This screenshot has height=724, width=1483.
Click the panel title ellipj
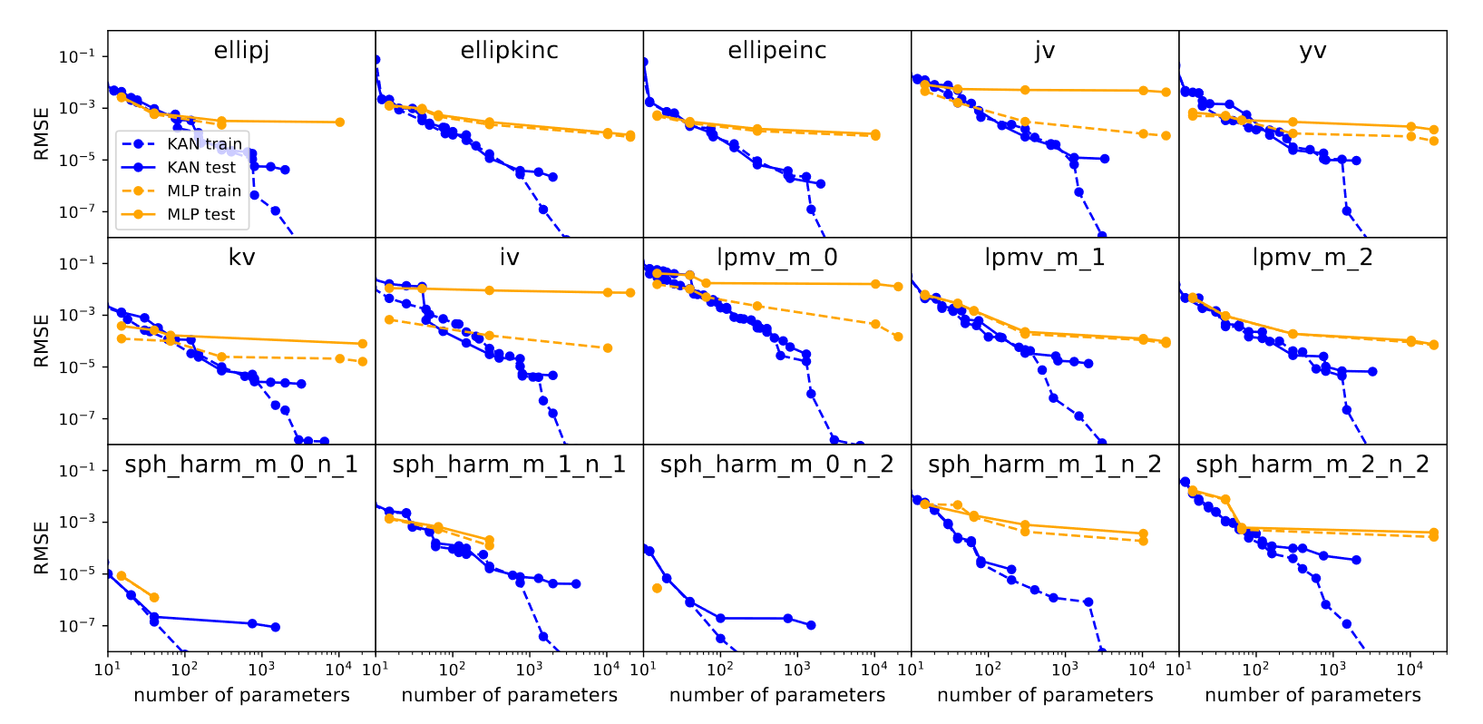click(x=241, y=51)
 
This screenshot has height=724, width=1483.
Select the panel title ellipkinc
click(x=509, y=51)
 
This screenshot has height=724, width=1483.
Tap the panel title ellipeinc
click(x=777, y=51)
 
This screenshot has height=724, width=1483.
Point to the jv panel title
click(x=1045, y=51)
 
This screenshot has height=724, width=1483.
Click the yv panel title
click(x=1312, y=51)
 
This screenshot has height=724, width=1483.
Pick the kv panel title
click(x=241, y=258)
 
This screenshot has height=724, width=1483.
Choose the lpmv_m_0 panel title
click(x=777, y=258)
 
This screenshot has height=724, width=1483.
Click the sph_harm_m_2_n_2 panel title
click(x=1312, y=465)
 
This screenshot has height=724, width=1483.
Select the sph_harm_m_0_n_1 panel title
click(x=241, y=465)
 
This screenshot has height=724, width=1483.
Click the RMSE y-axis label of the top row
click(x=42, y=134)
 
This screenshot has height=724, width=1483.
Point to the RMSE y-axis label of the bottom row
click(x=42, y=548)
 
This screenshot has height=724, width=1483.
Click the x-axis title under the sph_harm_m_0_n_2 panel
click(x=777, y=696)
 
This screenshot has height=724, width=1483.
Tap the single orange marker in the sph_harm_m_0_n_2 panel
click(x=657, y=588)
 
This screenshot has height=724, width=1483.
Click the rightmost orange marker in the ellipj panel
click(x=340, y=122)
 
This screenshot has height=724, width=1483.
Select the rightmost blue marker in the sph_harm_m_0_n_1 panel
click(x=275, y=627)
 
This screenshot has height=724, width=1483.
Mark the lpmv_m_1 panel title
click(x=1045, y=258)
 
